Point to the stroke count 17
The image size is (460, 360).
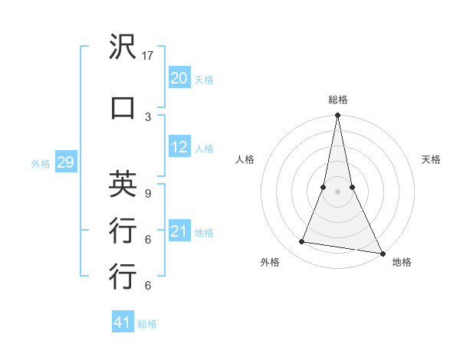(149, 56)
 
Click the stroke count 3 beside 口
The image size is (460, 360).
(148, 116)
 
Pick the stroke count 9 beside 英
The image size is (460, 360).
(148, 193)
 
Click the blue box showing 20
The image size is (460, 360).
(179, 78)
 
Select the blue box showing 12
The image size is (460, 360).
(179, 147)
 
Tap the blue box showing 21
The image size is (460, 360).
(179, 231)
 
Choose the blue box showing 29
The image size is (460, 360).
(65, 162)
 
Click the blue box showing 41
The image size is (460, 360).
(123, 322)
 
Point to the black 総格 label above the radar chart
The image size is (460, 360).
(337, 100)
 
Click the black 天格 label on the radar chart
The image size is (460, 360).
(432, 159)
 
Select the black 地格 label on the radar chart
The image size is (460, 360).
(402, 263)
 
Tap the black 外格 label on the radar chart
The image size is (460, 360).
(270, 263)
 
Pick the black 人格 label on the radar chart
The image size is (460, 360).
(245, 159)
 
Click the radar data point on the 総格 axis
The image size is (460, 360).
(337, 116)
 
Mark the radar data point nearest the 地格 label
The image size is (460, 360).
(382, 252)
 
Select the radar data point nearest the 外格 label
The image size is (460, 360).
(302, 242)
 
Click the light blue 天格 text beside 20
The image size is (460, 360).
(204, 79)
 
